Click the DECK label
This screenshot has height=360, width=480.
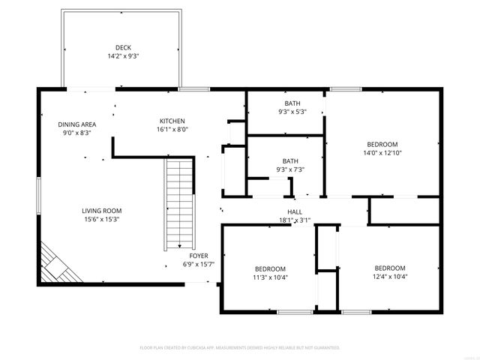[123, 46]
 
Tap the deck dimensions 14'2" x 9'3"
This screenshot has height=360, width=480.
[123, 55]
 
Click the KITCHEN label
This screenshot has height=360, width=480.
[172, 121]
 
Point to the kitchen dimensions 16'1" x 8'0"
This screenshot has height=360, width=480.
[172, 129]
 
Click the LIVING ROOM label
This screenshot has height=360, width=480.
[101, 211]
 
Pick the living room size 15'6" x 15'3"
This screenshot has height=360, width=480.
[101, 220]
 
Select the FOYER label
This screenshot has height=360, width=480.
[199, 256]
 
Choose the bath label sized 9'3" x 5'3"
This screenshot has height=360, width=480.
[292, 103]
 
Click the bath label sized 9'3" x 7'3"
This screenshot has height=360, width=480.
[289, 160]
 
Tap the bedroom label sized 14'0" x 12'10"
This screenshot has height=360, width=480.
[382, 144]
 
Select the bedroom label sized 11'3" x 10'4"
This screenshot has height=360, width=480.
[270, 268]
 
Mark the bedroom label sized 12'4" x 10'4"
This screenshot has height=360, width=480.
[390, 268]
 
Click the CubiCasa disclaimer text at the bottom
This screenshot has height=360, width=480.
[240, 348]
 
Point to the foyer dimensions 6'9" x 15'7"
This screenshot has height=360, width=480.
[199, 265]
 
